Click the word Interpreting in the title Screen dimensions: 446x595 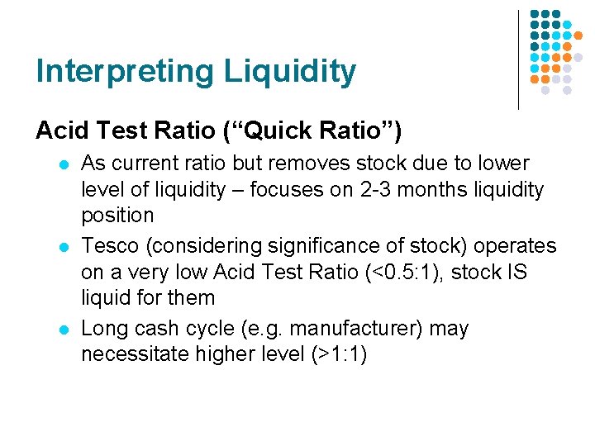(x=112, y=72)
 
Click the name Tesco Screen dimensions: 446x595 (x=107, y=246)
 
